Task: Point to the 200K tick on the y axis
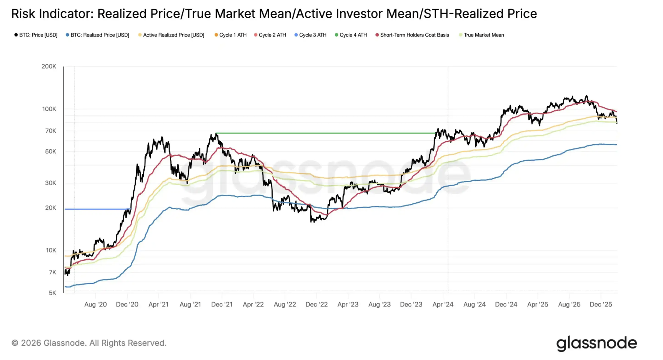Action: click(49, 67)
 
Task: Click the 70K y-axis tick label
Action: click(51, 131)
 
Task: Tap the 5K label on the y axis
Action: click(53, 293)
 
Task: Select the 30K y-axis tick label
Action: click(51, 183)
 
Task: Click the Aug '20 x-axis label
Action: click(95, 305)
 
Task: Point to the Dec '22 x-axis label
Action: click(317, 305)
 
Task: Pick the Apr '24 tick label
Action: click(443, 305)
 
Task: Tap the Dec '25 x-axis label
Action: click(601, 305)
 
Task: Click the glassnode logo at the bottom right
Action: click(596, 343)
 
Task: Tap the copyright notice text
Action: click(89, 343)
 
